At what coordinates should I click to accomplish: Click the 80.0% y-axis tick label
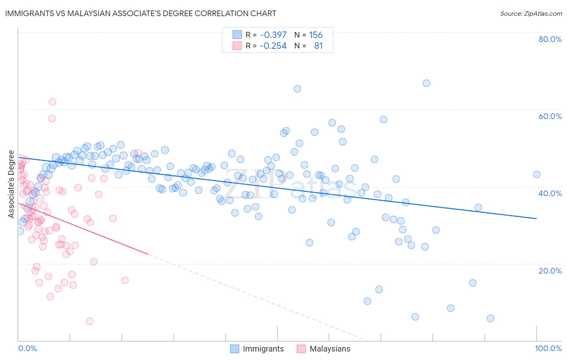click(550, 39)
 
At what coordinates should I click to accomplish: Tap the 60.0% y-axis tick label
click(550, 116)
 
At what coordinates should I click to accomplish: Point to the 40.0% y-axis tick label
click(550, 193)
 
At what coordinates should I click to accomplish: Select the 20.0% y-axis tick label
click(550, 271)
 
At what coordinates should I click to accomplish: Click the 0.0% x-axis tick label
click(27, 348)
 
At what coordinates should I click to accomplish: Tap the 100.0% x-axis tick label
click(548, 348)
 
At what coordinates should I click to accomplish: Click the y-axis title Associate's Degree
click(11, 184)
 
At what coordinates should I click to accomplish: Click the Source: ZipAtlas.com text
click(531, 14)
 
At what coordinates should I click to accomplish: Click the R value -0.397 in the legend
click(273, 35)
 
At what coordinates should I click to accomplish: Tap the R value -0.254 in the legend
click(273, 46)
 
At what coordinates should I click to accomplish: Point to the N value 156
click(316, 35)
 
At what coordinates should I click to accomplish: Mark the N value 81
click(319, 46)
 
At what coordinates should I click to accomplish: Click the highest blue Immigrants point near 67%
click(426, 83)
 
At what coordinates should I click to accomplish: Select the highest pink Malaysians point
click(52, 102)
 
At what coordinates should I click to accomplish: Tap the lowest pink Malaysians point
click(90, 321)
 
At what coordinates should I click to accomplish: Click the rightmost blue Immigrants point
click(537, 174)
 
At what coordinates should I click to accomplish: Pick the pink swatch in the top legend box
click(237, 46)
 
